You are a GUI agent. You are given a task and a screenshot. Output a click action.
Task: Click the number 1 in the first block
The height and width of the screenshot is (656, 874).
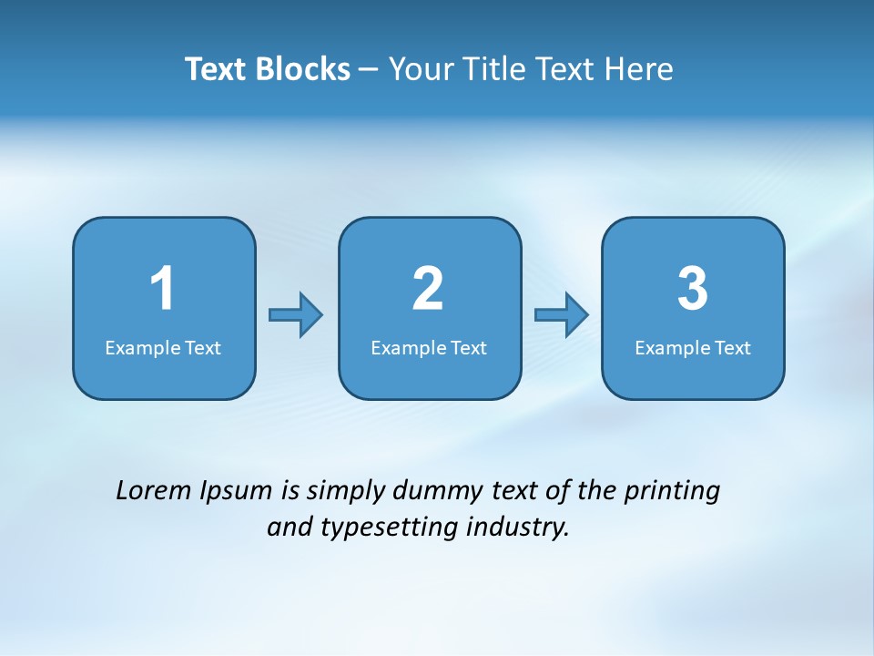coord(163,289)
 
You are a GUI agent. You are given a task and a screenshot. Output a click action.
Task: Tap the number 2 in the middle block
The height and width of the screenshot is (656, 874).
coord(428,289)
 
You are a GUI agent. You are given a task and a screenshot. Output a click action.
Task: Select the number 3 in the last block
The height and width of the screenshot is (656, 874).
coord(693,289)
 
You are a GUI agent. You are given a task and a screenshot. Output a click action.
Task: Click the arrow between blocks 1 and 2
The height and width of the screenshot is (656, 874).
coord(297,314)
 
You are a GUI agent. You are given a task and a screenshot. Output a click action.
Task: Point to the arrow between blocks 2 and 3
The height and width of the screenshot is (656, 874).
coord(562,314)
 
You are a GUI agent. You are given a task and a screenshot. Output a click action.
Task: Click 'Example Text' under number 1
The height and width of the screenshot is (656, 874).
coord(163,348)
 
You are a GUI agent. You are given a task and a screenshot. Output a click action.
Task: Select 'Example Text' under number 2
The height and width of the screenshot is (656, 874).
coord(429,348)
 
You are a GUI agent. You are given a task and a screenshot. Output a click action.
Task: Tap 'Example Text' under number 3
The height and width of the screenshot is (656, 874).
coord(693,348)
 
